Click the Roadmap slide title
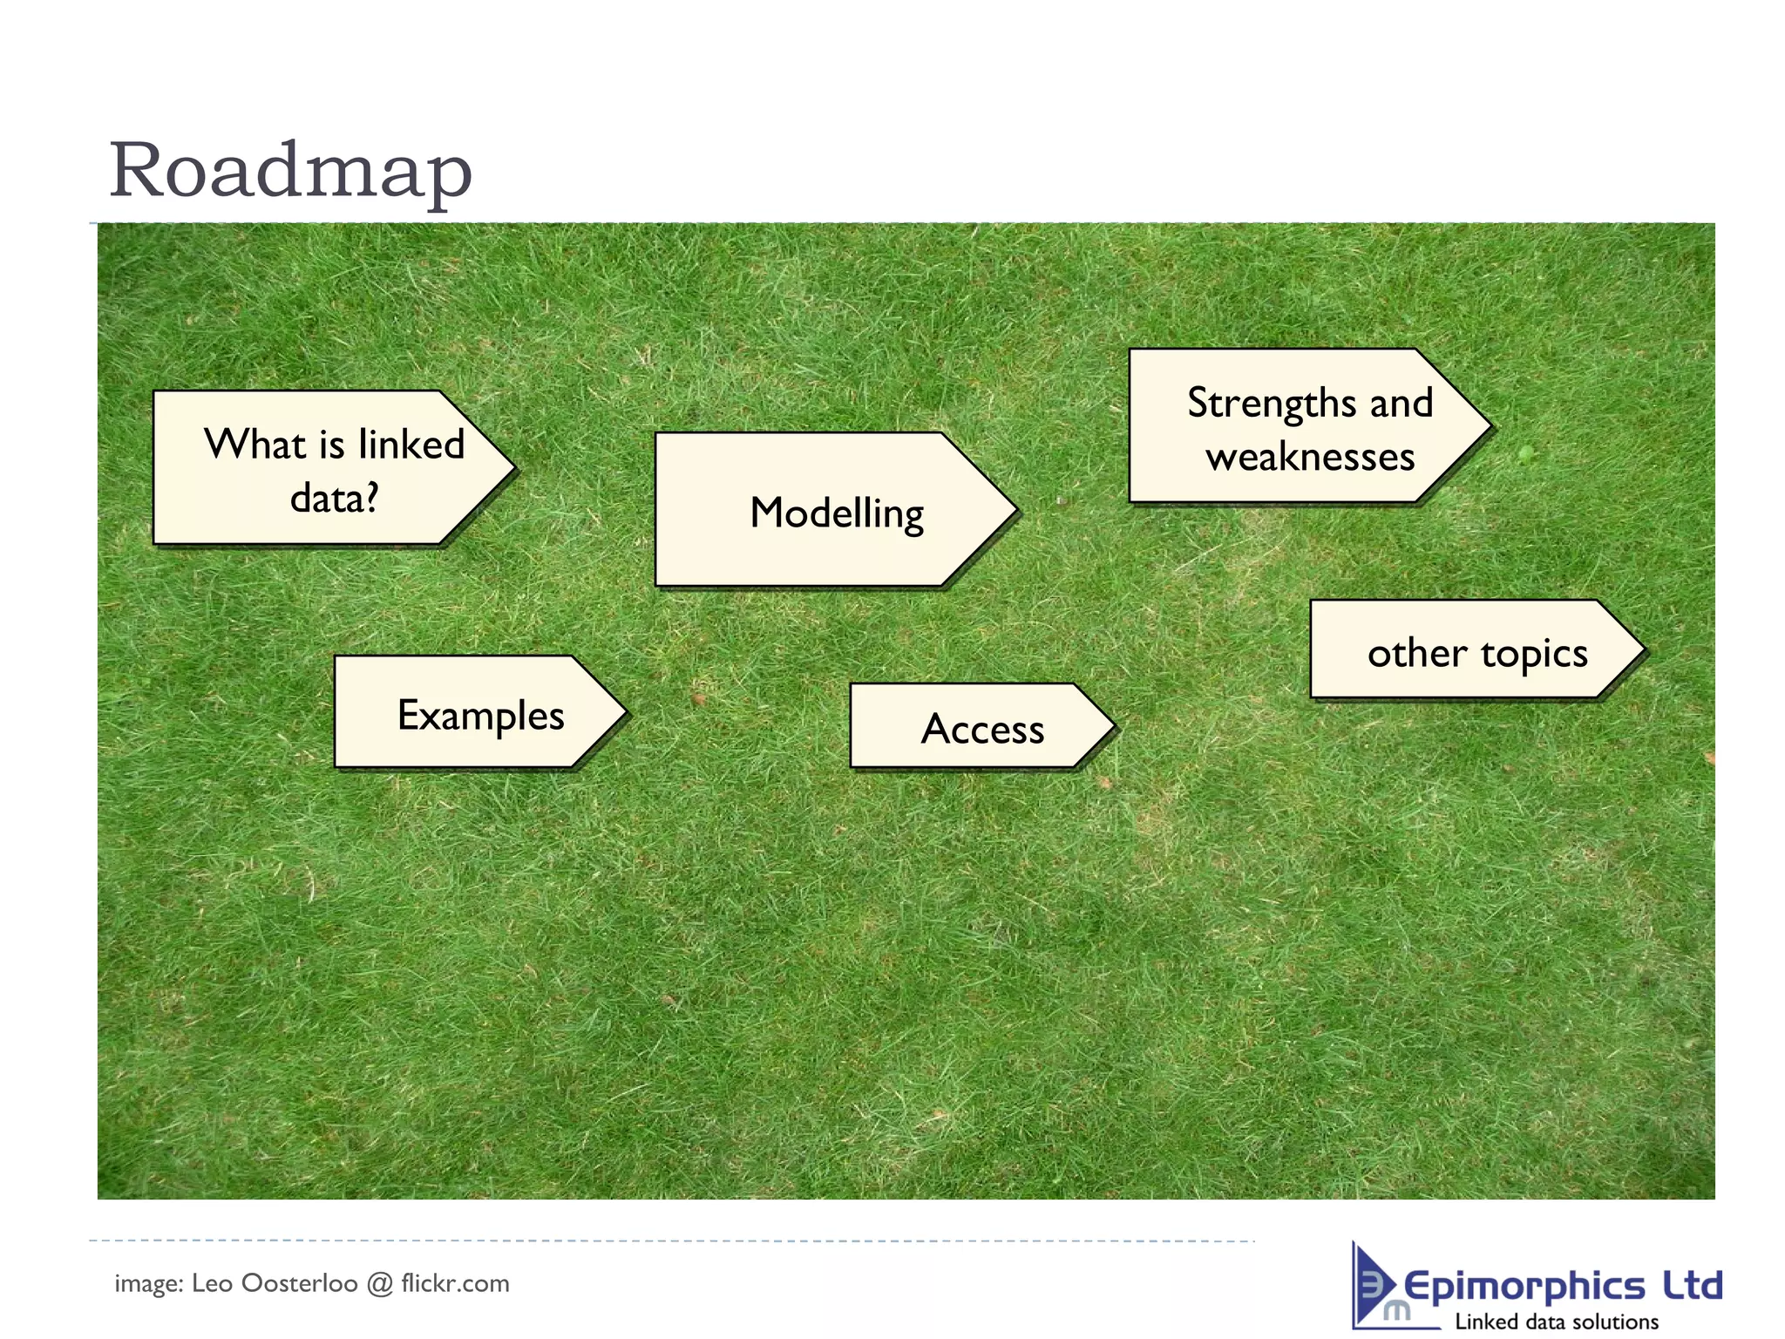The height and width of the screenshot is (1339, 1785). click(290, 170)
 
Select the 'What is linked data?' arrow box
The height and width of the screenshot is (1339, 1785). click(322, 468)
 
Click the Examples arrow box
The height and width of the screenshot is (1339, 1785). click(471, 712)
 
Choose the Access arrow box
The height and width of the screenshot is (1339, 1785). click(972, 726)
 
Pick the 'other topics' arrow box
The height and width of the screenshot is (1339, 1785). click(1464, 650)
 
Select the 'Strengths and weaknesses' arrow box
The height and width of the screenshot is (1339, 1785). click(1299, 427)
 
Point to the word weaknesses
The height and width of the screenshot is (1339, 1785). click(1310, 457)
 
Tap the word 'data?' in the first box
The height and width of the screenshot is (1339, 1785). click(334, 499)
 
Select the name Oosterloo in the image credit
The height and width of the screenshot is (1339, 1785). click(299, 1283)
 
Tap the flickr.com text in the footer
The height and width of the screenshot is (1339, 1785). click(454, 1283)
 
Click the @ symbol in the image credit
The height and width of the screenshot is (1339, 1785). click(379, 1284)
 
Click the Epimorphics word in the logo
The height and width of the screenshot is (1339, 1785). click(1524, 1287)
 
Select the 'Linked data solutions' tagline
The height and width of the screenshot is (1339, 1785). click(1556, 1322)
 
